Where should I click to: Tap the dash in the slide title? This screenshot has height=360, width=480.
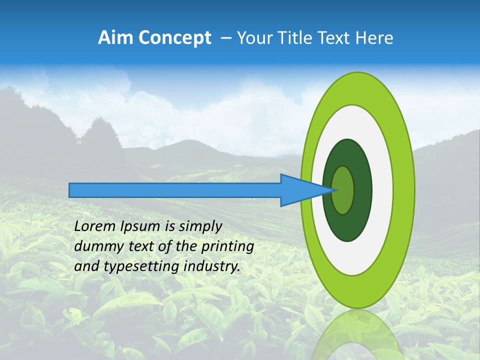[226, 38]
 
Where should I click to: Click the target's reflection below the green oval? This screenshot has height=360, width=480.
[357, 335]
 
